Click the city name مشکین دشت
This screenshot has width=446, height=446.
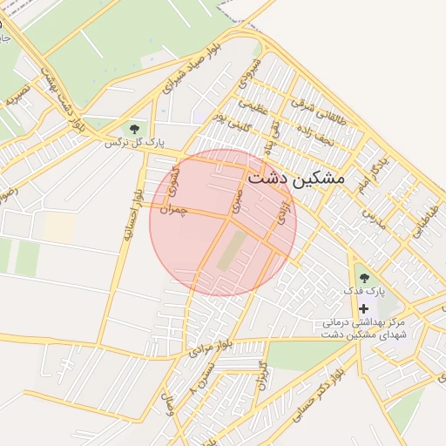(x=295, y=178)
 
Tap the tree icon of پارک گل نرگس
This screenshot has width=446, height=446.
(x=132, y=129)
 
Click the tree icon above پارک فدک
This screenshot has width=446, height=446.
(x=363, y=279)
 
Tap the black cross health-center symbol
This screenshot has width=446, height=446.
(x=363, y=309)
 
